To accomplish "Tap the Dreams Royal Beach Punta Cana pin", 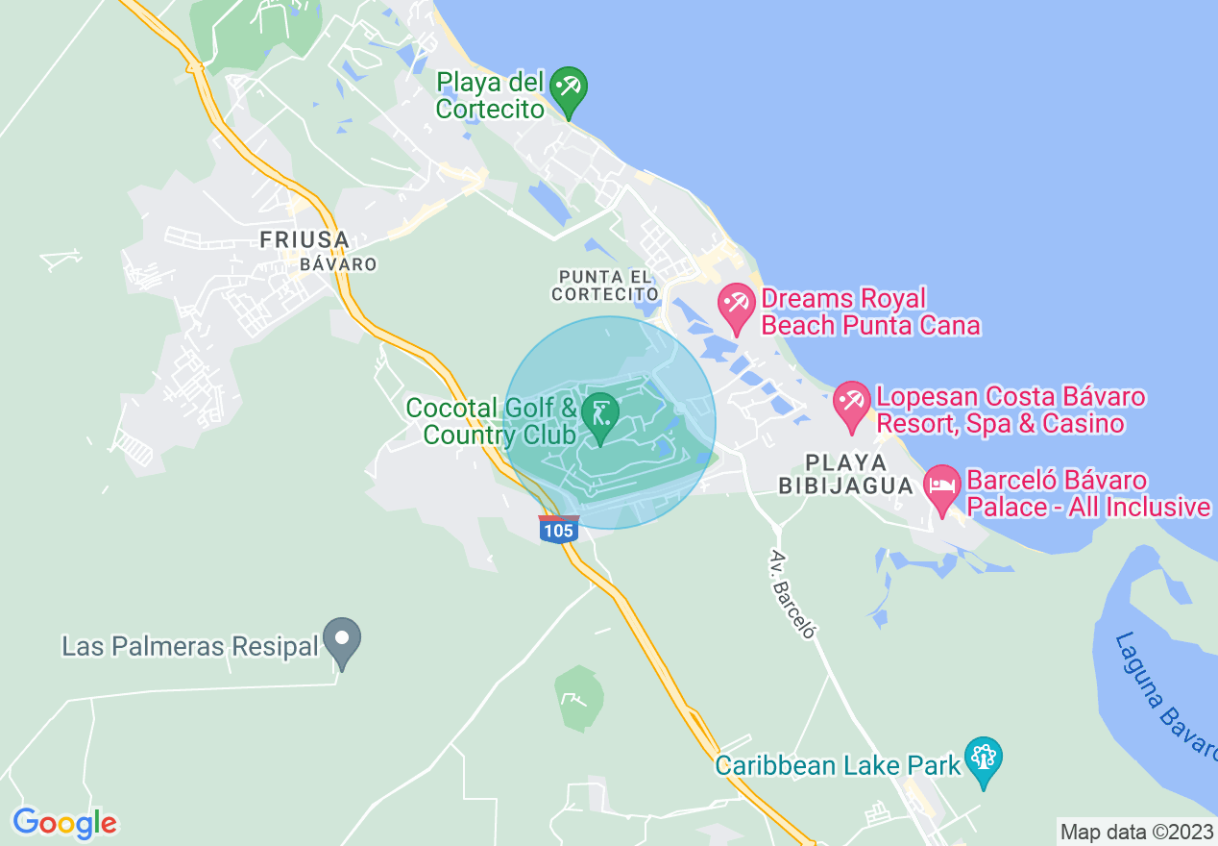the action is click(737, 306).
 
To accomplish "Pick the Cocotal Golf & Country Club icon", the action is click(600, 414).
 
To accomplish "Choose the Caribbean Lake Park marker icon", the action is click(983, 758).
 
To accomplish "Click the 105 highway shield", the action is click(558, 530).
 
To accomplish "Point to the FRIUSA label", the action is click(303, 239).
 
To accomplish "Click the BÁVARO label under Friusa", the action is click(337, 263).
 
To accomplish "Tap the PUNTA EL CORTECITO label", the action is click(605, 286).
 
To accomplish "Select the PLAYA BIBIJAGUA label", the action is click(845, 474).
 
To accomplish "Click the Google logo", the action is click(64, 824).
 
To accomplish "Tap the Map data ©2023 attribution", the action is click(1136, 832).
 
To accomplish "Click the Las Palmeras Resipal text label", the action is click(189, 645).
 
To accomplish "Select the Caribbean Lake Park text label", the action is click(838, 765).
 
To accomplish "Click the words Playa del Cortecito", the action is click(491, 95).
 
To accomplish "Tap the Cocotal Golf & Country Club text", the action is click(492, 421).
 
